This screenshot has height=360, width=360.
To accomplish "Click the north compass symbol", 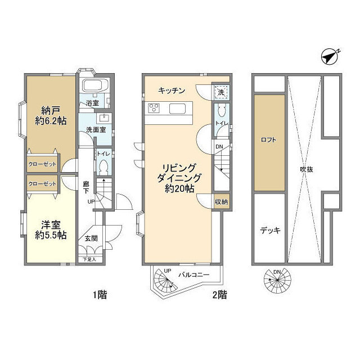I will (x=332, y=57).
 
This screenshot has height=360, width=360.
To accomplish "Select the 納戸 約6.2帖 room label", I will (x=49, y=115).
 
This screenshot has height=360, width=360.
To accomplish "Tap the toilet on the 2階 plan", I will (x=222, y=112).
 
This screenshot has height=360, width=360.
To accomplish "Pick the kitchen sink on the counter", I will (x=179, y=109).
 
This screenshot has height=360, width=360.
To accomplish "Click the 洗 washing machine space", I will (x=220, y=92).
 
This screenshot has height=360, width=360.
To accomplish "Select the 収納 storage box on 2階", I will (x=221, y=202).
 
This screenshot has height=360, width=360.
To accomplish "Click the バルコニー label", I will (x=195, y=275).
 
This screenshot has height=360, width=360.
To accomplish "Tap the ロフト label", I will (x=269, y=142).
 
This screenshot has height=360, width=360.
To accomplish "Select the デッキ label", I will (x=269, y=229).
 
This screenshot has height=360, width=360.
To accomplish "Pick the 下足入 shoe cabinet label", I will (x=89, y=260).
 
